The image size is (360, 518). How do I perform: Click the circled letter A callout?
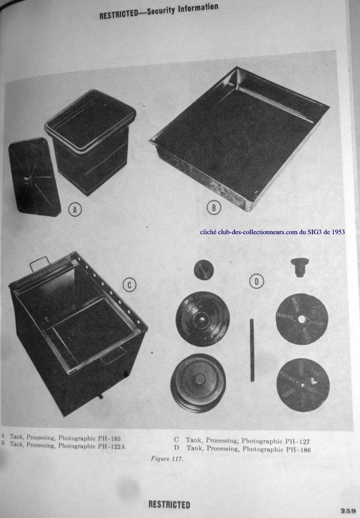click(75, 209)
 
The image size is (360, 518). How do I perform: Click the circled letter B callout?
click(214, 208)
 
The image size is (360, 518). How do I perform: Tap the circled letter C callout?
click(129, 285)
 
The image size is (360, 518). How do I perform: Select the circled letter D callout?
click(257, 281)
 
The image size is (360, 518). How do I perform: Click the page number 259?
click(349, 510)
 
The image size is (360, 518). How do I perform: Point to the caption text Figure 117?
click(167, 458)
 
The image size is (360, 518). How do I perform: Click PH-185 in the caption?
click(109, 439)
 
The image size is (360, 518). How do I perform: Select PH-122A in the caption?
click(111, 447)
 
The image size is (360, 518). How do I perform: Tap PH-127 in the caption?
click(298, 441)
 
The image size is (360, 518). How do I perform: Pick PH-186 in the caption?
click(299, 450)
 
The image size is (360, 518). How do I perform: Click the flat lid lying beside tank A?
click(35, 178)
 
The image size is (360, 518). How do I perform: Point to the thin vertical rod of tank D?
click(252, 350)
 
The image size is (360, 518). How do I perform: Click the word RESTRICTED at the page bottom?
click(169, 505)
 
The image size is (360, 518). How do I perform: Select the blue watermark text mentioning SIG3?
click(273, 232)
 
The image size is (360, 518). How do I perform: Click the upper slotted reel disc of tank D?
click(302, 319)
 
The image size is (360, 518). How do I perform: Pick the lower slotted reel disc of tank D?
click(303, 385)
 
